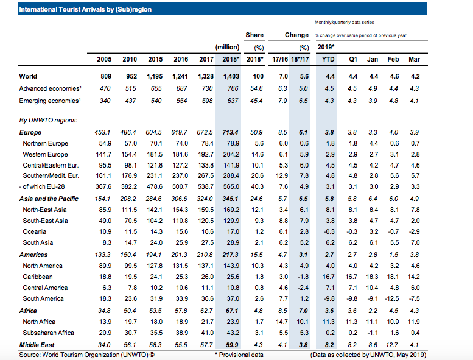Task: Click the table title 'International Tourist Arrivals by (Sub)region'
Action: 85,9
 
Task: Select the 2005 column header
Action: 104,59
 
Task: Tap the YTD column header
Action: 328,59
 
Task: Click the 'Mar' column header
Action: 414,59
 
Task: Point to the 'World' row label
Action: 28,76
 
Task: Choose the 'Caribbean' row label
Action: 38,277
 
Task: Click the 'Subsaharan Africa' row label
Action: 48,333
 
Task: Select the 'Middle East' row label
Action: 37,345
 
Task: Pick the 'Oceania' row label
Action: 34,231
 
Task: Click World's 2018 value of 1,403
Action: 231,76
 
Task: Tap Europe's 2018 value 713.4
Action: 231,132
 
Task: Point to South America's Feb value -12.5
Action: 392,298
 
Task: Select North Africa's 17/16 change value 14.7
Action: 282,322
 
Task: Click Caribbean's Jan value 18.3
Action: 372,277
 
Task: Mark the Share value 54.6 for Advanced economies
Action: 256,88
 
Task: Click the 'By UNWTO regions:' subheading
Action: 48,120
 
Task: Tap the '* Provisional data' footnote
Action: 239,355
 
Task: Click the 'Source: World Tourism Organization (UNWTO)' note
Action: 86,355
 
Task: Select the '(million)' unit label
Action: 227,48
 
